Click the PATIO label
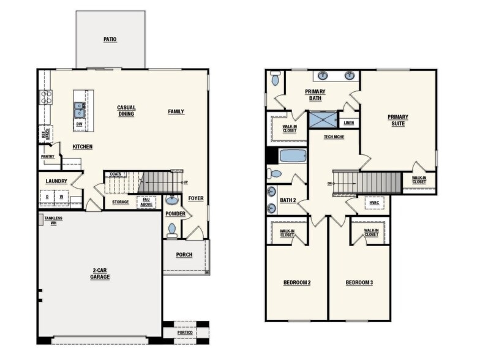110,39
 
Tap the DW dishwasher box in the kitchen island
80,124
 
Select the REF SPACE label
45,133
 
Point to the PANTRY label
48,157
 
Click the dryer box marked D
47,197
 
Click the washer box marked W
61,197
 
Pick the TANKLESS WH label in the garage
53,220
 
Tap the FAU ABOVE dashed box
146,202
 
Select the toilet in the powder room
172,230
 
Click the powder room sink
171,200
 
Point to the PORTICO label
185,332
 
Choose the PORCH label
184,255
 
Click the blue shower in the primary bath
323,120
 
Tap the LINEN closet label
349,122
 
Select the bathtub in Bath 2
293,156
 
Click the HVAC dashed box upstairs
375,203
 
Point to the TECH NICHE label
334,137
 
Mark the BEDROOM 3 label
359,283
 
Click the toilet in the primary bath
276,78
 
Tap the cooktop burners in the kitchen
45,97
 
